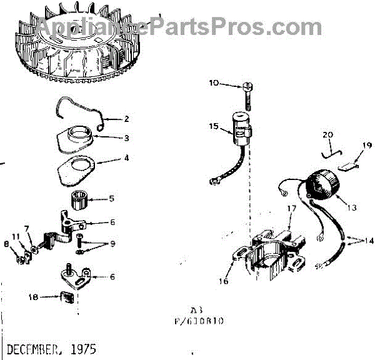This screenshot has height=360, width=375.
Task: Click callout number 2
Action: (x=126, y=118)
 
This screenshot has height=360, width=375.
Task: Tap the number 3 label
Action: (x=126, y=137)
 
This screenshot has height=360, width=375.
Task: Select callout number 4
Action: (x=126, y=159)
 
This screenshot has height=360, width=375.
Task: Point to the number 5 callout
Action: (x=112, y=199)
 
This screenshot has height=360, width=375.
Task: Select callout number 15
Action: (x=214, y=127)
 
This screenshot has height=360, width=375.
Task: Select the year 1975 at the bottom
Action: (x=83, y=348)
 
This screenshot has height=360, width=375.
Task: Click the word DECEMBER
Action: (x=34, y=348)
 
